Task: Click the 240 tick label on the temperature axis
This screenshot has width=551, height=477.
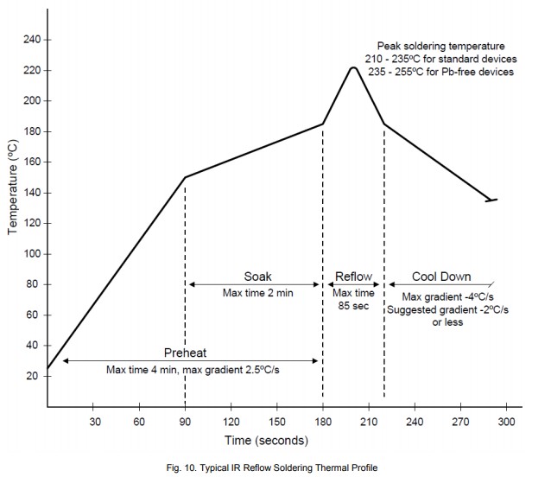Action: coord(33,40)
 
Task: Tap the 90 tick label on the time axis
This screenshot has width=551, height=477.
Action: coord(185,422)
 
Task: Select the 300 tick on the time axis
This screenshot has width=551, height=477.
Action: coord(506,422)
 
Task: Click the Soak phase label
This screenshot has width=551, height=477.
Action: coord(256,277)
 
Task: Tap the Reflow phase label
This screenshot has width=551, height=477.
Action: coord(354,277)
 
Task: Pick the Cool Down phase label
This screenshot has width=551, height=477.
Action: coord(440,277)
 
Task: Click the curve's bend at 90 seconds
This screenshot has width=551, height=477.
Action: coord(185,177)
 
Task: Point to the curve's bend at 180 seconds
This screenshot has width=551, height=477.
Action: coord(323,124)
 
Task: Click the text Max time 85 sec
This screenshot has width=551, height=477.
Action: coord(354,299)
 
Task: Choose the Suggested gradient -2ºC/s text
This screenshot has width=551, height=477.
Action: coord(446,308)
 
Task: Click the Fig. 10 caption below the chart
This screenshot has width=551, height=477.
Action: coord(271,467)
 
